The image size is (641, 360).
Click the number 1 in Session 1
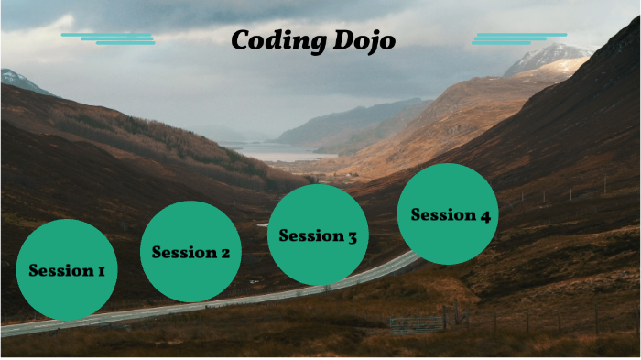[x=100, y=271]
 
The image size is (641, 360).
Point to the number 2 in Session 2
[x=223, y=253]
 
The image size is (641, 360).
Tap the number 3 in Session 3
[x=351, y=237]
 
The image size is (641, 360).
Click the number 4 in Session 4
[x=484, y=215]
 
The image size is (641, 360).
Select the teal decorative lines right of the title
[x=517, y=38]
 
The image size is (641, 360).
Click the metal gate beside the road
[x=416, y=324]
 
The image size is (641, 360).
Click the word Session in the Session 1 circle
[x=60, y=271]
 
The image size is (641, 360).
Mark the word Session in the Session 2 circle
[x=183, y=253]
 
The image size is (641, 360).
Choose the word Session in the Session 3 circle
[x=310, y=236]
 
